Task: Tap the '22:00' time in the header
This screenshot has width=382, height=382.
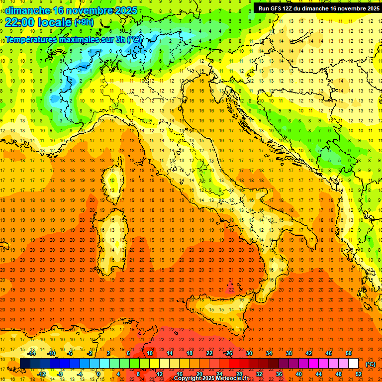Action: click(x=19, y=22)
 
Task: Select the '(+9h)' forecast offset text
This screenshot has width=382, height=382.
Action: click(x=84, y=22)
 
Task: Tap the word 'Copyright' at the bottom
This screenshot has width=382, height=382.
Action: click(x=189, y=379)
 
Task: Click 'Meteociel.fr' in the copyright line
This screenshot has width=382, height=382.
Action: click(x=236, y=379)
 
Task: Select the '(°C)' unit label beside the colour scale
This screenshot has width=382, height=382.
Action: click(x=371, y=364)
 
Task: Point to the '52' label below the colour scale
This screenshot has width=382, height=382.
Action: click(x=359, y=375)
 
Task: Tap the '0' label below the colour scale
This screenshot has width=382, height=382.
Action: click(x=98, y=375)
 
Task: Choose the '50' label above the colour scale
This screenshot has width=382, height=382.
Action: click(x=349, y=353)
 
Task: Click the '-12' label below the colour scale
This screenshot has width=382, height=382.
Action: click(x=41, y=375)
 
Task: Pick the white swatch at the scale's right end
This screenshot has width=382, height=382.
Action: click(x=354, y=364)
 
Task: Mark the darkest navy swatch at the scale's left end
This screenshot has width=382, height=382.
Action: click(x=25, y=364)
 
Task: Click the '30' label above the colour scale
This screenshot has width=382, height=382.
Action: click(x=249, y=353)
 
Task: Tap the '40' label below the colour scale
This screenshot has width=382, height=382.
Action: click(x=298, y=375)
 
